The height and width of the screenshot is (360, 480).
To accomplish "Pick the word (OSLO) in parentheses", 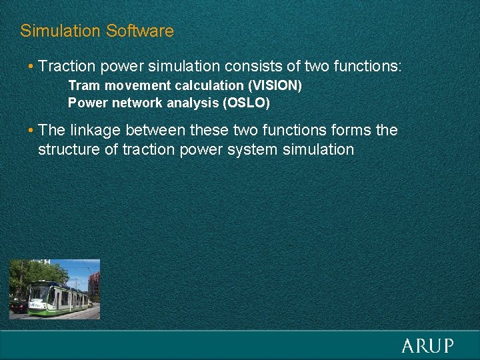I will tap(248, 103).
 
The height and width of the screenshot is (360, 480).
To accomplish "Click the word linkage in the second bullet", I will tap(93, 130).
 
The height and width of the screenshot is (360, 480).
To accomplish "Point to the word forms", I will tap(351, 130).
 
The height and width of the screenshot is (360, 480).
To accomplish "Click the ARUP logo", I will tap(427, 345).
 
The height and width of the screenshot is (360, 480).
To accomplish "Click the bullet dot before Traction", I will tap(31, 67).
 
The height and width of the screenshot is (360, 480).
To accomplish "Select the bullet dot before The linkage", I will tap(31, 131).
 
